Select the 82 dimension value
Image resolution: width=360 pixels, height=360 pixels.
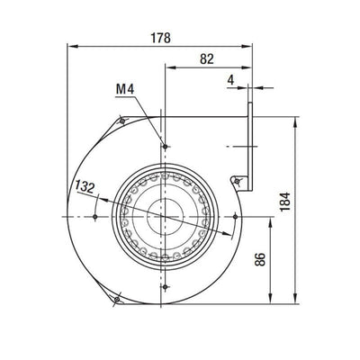[207, 59]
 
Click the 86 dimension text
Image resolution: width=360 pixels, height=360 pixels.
[260, 260]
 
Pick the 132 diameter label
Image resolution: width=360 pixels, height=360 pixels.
[85, 188]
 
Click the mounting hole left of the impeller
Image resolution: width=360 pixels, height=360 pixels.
[95, 216]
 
